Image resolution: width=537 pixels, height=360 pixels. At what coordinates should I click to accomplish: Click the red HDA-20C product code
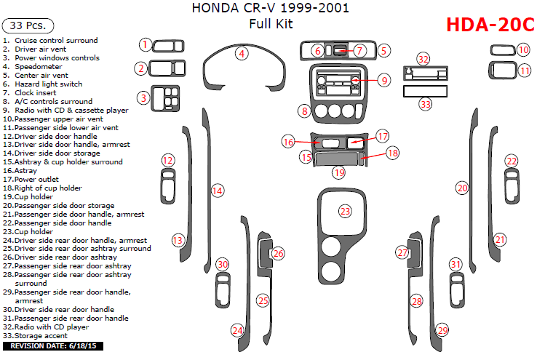[489, 25]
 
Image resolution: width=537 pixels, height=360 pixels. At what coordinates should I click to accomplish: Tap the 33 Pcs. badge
[26, 25]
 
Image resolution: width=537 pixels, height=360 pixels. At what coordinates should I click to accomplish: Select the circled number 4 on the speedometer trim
[241, 53]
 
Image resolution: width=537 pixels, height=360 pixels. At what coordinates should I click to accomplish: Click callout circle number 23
[345, 211]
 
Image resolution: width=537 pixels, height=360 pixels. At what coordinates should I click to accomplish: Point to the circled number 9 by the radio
[383, 80]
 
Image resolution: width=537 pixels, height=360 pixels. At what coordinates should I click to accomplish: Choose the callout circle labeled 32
[423, 58]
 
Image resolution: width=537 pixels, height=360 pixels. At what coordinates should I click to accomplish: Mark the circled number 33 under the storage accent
[425, 105]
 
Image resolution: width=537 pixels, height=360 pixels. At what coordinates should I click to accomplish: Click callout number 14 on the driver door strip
[216, 191]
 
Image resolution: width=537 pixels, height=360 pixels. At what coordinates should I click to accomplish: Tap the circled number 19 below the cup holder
[338, 172]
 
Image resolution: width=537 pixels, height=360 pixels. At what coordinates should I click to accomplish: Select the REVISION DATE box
[52, 345]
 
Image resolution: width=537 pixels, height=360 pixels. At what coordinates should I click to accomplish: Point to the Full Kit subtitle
[269, 23]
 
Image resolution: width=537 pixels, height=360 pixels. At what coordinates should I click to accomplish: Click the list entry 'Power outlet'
[36, 179]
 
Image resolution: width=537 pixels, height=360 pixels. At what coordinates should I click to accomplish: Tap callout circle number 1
[146, 45]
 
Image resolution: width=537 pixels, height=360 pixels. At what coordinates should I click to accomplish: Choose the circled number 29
[442, 331]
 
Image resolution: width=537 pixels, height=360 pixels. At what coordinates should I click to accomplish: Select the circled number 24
[237, 331]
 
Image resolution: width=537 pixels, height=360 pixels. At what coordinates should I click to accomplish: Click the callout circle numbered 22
[512, 161]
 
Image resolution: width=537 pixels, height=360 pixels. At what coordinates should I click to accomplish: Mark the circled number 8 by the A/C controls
[303, 111]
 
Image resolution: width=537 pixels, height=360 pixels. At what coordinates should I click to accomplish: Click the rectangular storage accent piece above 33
[425, 92]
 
